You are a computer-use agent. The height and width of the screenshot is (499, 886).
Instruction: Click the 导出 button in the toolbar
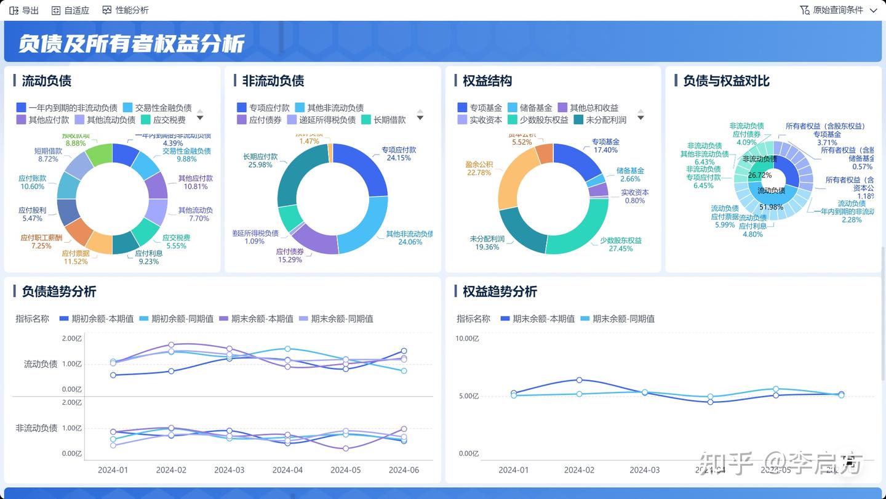point(24,10)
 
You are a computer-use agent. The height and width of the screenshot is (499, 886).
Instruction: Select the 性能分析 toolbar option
point(126,10)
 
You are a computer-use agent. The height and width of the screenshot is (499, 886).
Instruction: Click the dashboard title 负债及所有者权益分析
point(131,43)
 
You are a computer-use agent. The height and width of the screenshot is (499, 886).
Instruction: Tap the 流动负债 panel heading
point(47,81)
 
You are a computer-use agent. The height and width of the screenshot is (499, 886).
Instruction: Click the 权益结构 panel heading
point(487,81)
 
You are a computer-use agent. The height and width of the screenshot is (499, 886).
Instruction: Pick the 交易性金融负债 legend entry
point(163,108)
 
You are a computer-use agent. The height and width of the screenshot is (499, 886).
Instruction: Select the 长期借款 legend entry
point(389,120)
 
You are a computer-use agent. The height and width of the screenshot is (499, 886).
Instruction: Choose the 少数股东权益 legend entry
point(543,120)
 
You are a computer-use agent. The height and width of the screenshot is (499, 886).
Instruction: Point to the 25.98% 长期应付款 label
point(260,164)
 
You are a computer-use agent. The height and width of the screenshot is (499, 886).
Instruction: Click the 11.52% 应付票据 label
point(76,261)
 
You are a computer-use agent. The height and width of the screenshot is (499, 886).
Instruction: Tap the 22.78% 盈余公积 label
point(479,172)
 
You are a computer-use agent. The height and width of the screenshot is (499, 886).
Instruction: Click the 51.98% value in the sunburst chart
point(771,207)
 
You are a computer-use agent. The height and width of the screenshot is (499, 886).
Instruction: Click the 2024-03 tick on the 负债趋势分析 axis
point(229,469)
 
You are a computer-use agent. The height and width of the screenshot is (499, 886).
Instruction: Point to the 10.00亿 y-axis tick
point(467,338)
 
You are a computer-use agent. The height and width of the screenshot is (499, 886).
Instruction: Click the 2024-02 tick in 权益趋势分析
point(579,469)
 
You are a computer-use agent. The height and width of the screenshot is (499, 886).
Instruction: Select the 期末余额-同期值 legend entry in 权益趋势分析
point(623,318)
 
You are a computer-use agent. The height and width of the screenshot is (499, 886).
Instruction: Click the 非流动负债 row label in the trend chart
point(36,428)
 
